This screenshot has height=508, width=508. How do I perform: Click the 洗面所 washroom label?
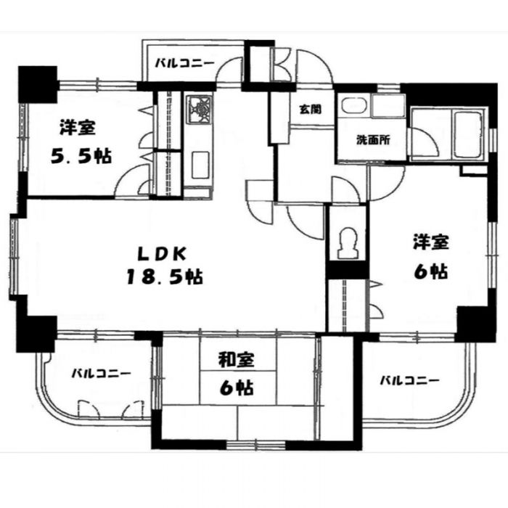pos(372,140)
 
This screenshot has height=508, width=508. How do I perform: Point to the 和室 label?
pos(237,360)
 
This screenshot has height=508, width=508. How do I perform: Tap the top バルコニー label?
pos(184,64)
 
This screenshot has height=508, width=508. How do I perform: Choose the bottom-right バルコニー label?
pos(410,380)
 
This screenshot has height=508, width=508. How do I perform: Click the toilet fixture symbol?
pos(346,242)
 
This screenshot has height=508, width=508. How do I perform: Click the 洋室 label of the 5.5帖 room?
pos(77,128)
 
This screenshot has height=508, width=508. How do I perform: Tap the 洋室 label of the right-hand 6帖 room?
pos(430,241)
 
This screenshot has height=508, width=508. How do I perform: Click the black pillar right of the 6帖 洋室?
pos(475,319)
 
